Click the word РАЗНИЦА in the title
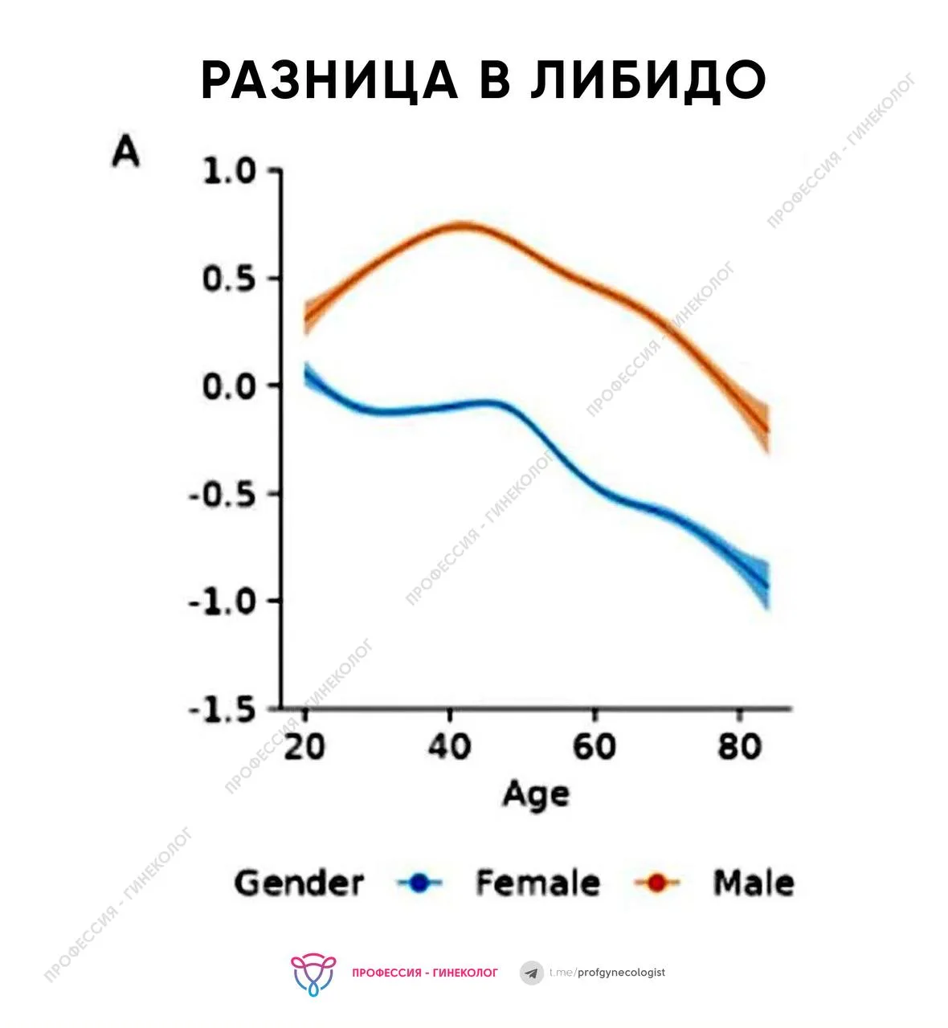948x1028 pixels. [329, 80]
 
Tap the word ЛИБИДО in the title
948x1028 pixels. [648, 80]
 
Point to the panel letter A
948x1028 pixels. [126, 151]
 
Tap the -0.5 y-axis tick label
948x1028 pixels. [223, 494]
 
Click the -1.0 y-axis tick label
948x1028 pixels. [223, 601]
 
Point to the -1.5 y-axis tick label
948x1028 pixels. [223, 709]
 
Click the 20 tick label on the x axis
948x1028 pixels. [304, 747]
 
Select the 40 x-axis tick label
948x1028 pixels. [449, 747]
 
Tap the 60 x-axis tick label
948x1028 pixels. [594, 747]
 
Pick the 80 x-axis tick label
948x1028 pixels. [739, 747]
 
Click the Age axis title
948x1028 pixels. [536, 795]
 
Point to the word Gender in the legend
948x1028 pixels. [299, 883]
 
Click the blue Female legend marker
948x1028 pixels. [419, 883]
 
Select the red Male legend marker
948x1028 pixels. [657, 883]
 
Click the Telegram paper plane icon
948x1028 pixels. [531, 973]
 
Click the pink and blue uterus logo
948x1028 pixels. [313, 973]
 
